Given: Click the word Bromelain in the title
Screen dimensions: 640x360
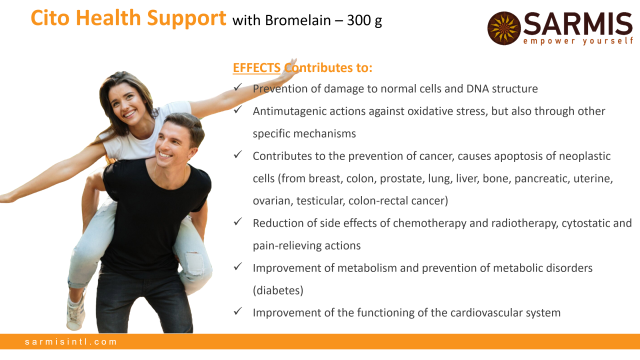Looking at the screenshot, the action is coord(297,20).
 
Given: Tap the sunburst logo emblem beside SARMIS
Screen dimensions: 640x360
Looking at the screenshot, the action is coord(504,28).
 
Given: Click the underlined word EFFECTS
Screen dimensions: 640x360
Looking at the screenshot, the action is coord(256,68).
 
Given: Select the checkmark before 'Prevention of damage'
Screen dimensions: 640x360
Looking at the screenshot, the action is coord(237,87).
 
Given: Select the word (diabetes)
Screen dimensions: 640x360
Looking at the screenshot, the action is coord(278,290).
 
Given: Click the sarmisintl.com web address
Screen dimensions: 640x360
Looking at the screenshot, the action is coord(71,341).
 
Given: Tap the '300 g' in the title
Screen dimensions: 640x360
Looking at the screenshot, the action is coord(364,20).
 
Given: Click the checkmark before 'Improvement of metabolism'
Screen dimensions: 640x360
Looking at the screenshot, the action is coord(237,266).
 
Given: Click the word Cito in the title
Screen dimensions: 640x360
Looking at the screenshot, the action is coord(50,18).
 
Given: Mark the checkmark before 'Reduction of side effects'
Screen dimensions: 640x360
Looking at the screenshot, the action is coord(237,221).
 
